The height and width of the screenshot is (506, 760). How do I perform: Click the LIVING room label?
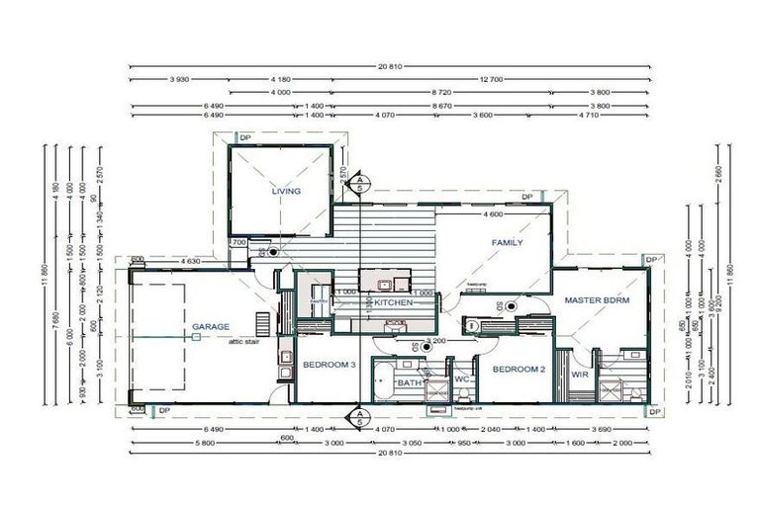[x=287, y=192]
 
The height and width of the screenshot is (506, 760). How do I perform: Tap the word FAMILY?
[x=507, y=242]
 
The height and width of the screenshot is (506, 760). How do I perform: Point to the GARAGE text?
[x=210, y=326]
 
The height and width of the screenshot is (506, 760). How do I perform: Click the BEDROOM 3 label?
[x=329, y=366]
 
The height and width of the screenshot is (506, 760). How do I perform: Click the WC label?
[x=460, y=379]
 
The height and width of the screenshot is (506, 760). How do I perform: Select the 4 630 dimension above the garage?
[x=191, y=262]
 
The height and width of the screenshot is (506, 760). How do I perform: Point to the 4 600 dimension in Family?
[x=493, y=214]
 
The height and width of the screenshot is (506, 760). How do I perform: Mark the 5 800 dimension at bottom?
[x=178, y=444]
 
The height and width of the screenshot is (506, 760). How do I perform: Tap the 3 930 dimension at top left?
[x=179, y=78]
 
